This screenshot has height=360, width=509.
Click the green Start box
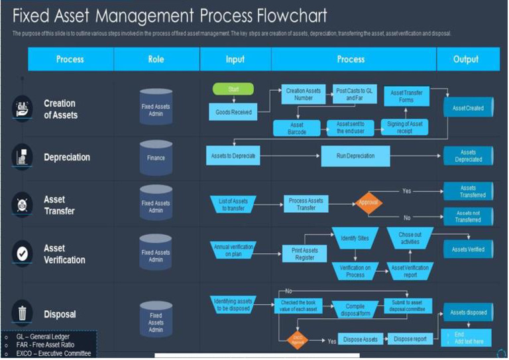233,89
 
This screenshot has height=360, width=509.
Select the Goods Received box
233,112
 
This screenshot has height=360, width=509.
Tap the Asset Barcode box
297,128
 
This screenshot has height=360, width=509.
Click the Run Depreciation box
356,156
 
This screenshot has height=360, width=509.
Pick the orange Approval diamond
369,203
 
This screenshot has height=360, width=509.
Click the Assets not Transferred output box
468,216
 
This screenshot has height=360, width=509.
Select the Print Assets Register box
305,254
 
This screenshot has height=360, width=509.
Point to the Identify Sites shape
355,237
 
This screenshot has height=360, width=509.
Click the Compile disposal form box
355,310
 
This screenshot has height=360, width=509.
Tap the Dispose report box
410,339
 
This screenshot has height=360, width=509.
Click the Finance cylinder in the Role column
156,158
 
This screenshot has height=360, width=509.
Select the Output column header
466,59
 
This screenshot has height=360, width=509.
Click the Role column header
156,59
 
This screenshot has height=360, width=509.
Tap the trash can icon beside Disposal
22,313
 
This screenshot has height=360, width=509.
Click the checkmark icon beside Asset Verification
22,253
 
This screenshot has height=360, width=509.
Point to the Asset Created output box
468,108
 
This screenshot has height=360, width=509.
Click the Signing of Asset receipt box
404,128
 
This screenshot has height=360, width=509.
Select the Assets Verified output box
468,249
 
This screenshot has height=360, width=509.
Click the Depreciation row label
67,157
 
